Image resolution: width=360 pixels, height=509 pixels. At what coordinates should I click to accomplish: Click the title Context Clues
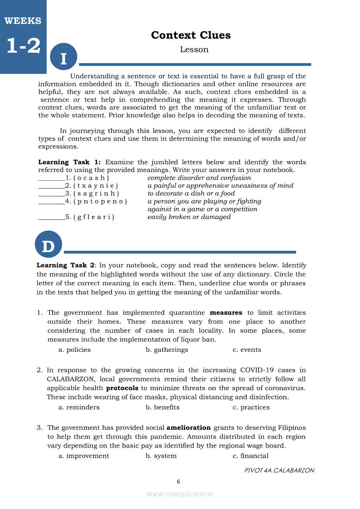pos(191,35)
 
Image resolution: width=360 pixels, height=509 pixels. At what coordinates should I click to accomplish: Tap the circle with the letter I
pos(64,57)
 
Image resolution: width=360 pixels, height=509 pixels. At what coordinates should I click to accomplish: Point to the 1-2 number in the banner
pos(23,46)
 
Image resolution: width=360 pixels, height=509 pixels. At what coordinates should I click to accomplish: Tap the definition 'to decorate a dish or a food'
pos(191,193)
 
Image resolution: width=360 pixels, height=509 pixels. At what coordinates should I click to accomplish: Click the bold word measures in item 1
pos(226,313)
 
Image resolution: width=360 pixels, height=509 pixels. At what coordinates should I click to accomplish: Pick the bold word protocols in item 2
pos(122,388)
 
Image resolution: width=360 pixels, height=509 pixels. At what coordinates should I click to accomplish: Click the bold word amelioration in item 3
pos(189,428)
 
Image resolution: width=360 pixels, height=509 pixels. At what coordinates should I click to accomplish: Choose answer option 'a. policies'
pos(75,350)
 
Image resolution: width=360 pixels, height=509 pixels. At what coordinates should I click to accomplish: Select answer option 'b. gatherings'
pos(167,350)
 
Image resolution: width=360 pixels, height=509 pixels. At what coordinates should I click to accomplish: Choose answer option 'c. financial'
pos(251,456)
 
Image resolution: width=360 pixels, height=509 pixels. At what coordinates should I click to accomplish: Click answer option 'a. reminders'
pos(79,407)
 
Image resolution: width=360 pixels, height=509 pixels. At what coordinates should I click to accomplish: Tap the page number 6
pos(178,482)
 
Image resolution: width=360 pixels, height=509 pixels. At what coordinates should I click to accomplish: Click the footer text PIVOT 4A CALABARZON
pos(279,470)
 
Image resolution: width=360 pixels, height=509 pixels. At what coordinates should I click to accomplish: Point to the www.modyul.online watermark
pos(180,494)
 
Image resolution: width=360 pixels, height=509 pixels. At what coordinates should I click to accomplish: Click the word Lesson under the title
pos(194,49)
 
